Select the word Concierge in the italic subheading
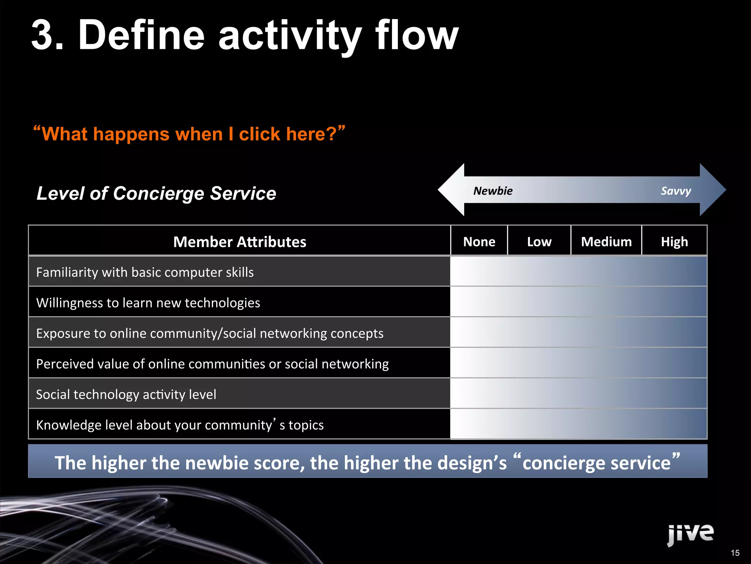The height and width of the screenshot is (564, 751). coord(158,194)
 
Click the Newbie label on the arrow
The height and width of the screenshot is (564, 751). coord(492,191)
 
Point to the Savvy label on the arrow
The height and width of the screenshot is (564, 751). coord(675,191)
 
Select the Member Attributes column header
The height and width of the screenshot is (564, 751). coord(239,242)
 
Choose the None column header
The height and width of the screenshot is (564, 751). coord(479,242)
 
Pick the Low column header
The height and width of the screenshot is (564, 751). coord(539,242)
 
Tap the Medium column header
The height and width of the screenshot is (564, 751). coord(606,242)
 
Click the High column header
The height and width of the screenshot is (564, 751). coord(674,242)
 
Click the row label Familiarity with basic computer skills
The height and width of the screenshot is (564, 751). coord(145,272)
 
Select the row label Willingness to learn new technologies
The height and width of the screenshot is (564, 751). coord(148,303)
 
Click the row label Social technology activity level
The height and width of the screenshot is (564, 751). coord(126,395)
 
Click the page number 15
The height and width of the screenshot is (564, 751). coord(735,553)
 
